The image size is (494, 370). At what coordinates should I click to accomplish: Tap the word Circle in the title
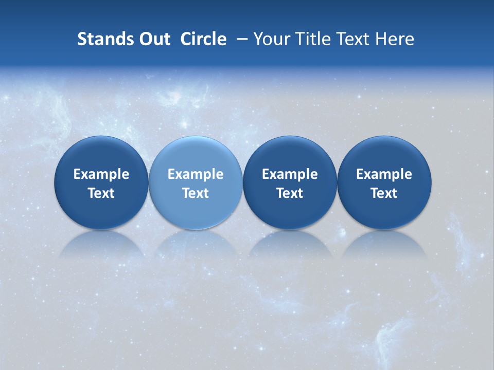[x=203, y=39]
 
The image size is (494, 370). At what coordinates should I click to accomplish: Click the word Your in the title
[x=271, y=39]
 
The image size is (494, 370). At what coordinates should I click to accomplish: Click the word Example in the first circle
[x=101, y=174]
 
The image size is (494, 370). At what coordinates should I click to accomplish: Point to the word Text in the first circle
[x=101, y=193]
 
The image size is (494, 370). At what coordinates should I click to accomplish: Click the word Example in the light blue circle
[x=196, y=174]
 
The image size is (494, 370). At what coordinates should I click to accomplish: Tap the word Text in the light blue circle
[x=196, y=193]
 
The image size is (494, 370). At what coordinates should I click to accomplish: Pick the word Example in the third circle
[x=290, y=174]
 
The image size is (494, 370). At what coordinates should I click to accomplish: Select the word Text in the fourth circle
[x=384, y=193]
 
